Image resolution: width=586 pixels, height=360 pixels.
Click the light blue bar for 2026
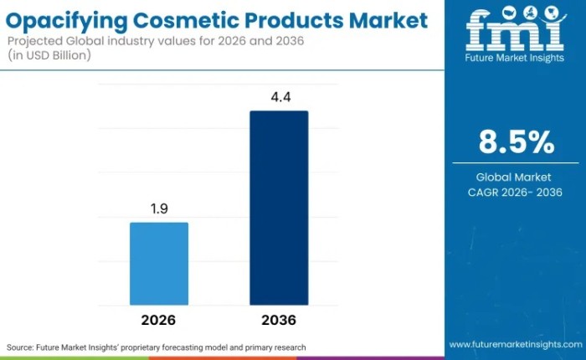(x=159, y=264)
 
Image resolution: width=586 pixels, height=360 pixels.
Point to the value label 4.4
(x=279, y=97)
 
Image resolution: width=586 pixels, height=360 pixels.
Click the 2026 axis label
(x=159, y=320)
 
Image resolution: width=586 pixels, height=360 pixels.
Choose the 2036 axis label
(x=279, y=320)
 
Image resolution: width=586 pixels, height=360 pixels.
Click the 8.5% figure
(x=516, y=142)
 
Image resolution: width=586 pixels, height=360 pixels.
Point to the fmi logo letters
(x=515, y=32)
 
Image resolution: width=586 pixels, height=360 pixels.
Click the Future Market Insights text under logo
(x=515, y=59)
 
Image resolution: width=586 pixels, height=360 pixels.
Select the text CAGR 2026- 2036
(x=516, y=193)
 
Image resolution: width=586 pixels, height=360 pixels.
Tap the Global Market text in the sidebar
(x=516, y=177)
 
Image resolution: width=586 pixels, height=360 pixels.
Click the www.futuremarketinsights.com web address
(x=515, y=344)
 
